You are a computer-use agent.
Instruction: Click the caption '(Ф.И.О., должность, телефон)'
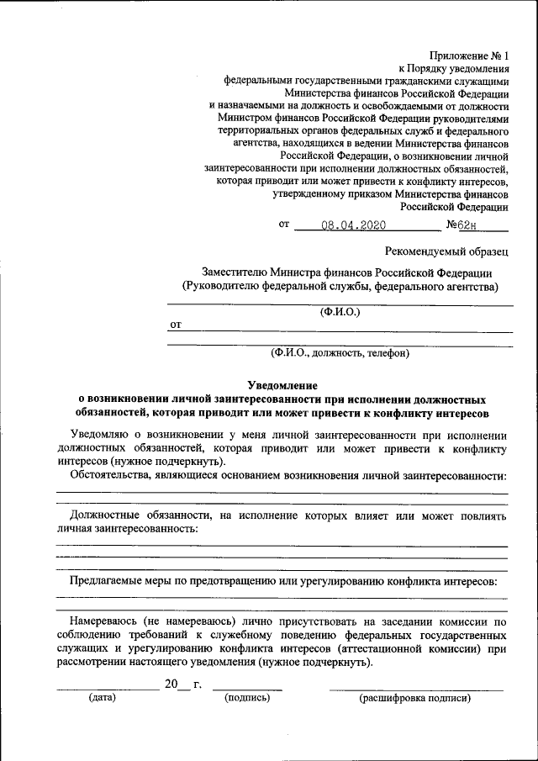(x=339, y=353)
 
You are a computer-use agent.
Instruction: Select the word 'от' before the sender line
(x=176, y=324)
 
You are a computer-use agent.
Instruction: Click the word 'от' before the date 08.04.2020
(x=283, y=225)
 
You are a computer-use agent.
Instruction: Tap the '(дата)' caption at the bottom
(x=103, y=697)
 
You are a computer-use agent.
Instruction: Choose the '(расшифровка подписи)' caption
(x=414, y=697)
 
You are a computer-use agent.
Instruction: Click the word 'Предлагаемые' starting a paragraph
(x=108, y=580)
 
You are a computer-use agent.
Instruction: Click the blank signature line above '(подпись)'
(x=247, y=689)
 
